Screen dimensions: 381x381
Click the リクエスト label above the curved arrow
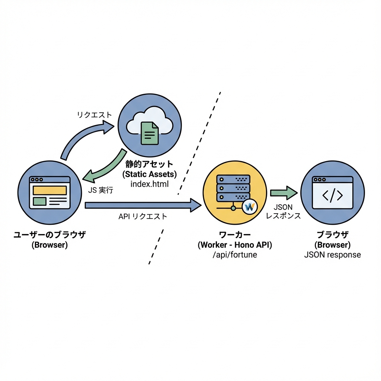[94, 115]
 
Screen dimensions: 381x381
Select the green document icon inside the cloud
[150, 133]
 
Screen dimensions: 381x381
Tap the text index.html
[150, 183]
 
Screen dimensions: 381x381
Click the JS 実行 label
[100, 190]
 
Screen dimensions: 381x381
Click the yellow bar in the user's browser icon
[50, 190]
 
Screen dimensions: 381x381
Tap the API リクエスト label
[143, 216]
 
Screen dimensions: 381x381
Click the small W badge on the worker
[249, 206]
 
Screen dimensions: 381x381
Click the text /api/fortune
[235, 255]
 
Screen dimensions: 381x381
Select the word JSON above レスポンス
[283, 207]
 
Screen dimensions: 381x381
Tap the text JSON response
[332, 255]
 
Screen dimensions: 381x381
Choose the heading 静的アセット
[150, 164]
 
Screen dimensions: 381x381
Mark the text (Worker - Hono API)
[235, 245]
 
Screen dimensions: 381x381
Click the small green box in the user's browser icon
[39, 201]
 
